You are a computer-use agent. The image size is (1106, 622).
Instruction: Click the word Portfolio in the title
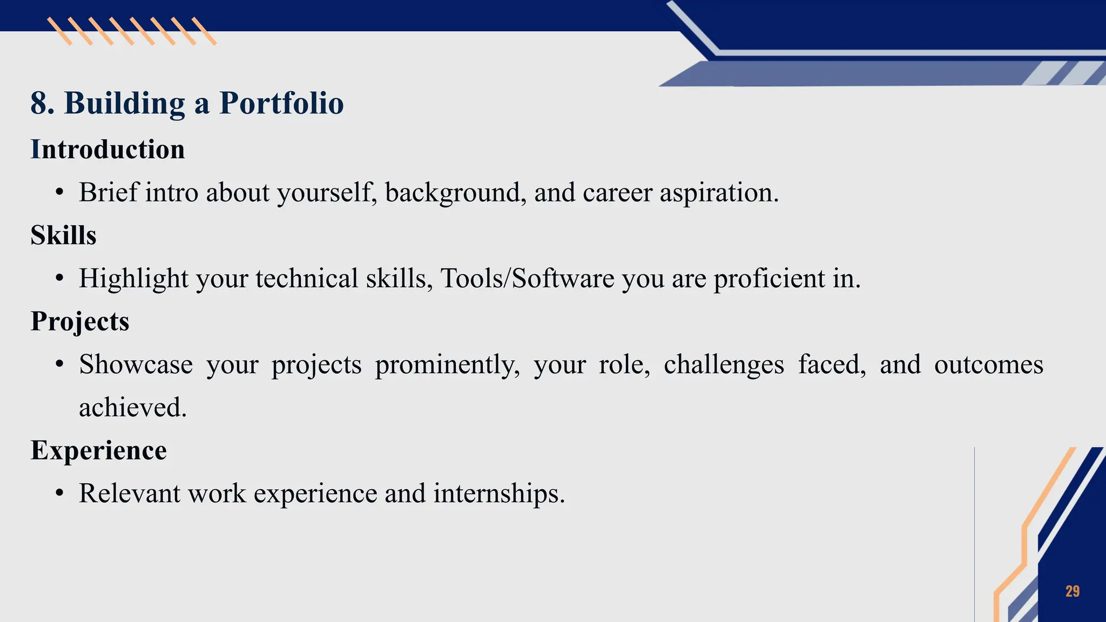(281, 103)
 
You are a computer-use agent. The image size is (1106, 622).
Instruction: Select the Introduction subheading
(107, 149)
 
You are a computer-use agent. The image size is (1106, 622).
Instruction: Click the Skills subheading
(63, 235)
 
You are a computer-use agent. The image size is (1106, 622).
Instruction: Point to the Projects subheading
(80, 321)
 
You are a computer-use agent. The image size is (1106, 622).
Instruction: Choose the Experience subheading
(99, 450)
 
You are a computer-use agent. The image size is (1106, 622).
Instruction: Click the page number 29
(1073, 591)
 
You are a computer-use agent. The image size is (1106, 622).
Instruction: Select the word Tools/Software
(527, 279)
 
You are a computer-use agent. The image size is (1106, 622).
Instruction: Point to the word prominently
(447, 365)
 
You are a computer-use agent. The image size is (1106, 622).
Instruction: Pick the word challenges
(724, 364)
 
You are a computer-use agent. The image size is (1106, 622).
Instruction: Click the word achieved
(132, 407)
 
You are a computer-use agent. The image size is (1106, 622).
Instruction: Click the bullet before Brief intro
(59, 193)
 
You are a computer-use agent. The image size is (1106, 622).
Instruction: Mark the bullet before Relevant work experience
(59, 493)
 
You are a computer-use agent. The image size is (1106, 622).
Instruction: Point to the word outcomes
(988, 364)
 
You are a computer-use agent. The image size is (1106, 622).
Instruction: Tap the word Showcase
(136, 364)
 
